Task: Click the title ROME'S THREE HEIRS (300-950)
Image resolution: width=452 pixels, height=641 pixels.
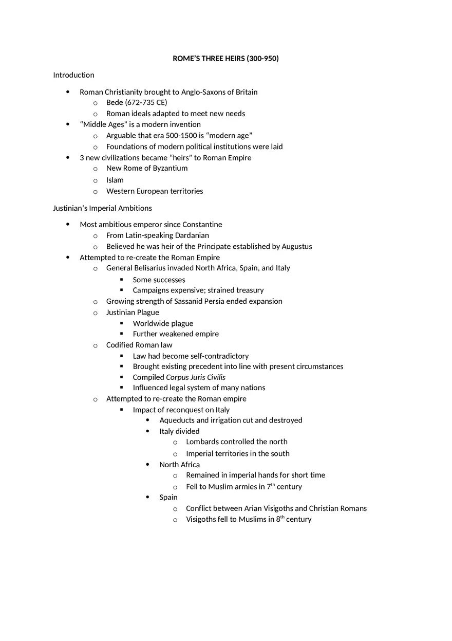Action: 225,59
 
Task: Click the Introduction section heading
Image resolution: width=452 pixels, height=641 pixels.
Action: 73,75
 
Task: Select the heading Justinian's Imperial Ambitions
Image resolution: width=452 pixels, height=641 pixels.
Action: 102,208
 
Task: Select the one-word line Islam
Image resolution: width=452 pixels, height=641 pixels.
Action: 115,180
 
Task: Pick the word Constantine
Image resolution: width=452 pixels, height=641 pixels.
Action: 202,225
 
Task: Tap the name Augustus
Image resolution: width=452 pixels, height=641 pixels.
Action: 296,246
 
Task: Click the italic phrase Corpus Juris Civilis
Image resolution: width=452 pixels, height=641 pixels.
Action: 196,377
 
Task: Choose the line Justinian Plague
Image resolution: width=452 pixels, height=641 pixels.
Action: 133,313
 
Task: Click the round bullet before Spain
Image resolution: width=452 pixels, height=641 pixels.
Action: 148,497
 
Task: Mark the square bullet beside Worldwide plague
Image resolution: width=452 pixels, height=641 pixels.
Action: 122,323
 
